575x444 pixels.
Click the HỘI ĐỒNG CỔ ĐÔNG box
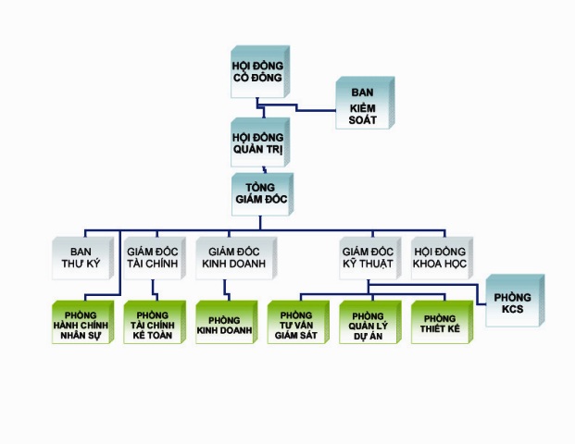pyautogui.click(x=258, y=71)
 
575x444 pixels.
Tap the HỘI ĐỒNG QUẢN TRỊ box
pyautogui.click(x=258, y=142)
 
